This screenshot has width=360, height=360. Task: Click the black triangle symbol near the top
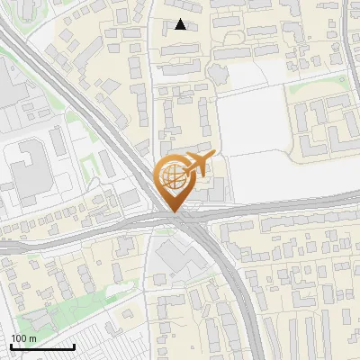click(x=181, y=24)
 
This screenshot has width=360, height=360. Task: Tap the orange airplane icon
click(x=199, y=165)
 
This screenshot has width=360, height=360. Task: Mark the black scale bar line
click(x=42, y=346)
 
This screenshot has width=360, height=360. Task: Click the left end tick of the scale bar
click(x=11, y=345)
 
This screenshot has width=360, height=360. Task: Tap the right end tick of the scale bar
click(x=74, y=345)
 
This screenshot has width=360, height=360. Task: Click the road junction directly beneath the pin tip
click(x=175, y=221)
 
